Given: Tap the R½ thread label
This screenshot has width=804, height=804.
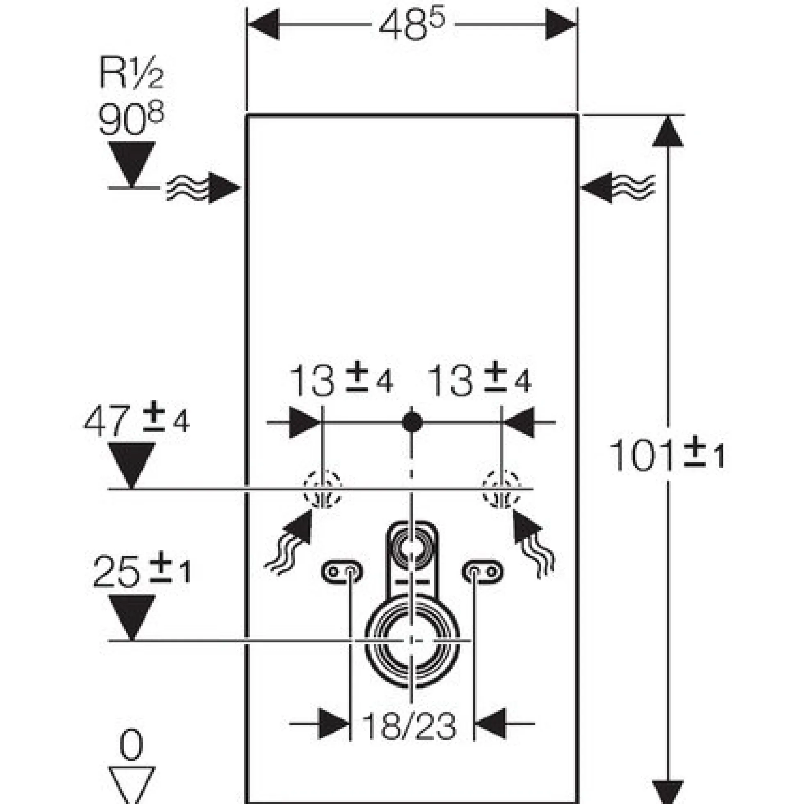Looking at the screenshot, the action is click(132, 73).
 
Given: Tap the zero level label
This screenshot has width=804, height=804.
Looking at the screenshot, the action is click(132, 745).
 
